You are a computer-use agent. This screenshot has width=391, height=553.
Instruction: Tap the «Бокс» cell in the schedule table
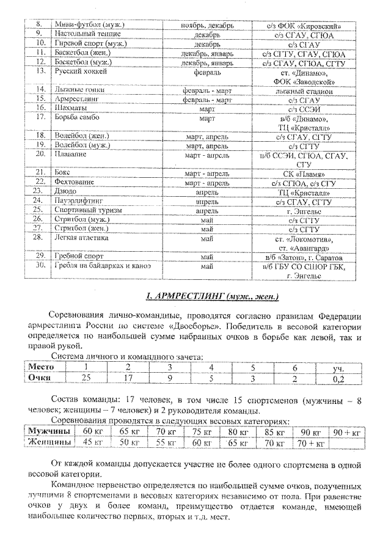point(62,173)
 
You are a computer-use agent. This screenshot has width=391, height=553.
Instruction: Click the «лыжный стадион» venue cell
point(303,90)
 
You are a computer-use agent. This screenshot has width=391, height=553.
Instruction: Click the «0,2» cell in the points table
point(337,378)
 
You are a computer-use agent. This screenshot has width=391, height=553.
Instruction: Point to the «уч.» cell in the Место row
point(337,367)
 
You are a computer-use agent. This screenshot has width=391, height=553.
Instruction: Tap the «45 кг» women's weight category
point(92,442)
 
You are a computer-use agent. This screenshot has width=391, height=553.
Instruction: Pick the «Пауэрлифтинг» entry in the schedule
point(79,200)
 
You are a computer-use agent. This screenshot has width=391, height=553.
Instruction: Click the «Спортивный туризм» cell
point(88,210)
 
